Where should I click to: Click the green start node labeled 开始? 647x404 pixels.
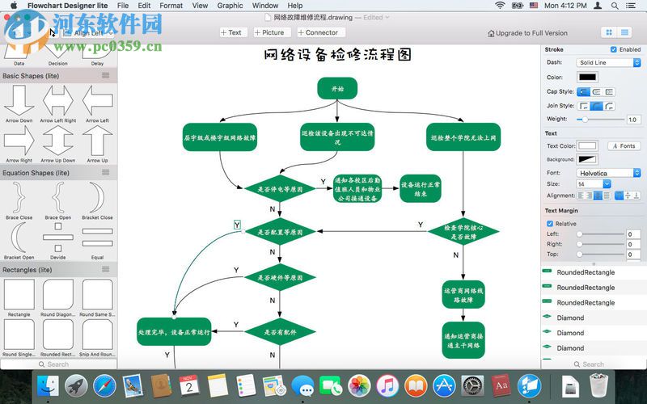(337, 89)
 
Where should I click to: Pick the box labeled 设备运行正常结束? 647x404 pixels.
(421, 189)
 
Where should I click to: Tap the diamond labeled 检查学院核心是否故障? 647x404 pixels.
(463, 232)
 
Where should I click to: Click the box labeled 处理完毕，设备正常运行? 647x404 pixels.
(173, 332)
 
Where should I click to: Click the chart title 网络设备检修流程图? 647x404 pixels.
(337, 55)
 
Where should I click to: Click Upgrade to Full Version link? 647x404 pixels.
(526, 33)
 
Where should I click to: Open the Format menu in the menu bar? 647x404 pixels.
(171, 6)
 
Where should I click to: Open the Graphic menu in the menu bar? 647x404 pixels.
(230, 6)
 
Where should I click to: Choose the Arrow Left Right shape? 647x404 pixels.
(58, 103)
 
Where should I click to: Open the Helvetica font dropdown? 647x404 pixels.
(609, 173)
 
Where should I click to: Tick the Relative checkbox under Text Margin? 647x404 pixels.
(551, 224)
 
